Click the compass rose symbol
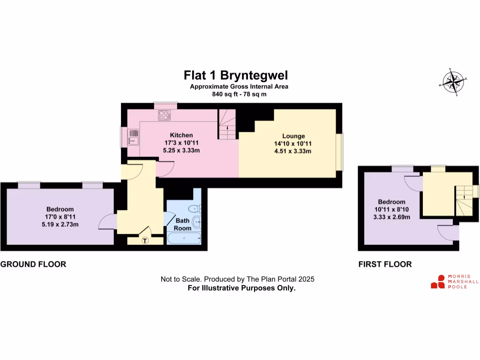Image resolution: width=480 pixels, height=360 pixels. (453, 82)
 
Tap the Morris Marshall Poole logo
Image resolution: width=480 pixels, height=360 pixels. (455, 281)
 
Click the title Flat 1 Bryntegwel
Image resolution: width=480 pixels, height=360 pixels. (235, 75)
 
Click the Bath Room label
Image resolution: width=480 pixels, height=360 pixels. (183, 224)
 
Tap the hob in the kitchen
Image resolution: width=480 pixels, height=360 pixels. (165, 115)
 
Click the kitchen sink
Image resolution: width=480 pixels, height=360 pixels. (134, 137)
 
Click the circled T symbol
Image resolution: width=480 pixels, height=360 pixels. (145, 240)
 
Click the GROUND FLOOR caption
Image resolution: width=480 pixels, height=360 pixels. (33, 264)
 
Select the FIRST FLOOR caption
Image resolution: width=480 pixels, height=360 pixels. (385, 264)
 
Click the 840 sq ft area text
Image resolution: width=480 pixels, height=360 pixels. (239, 94)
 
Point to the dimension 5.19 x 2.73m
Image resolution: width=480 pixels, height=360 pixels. (60, 224)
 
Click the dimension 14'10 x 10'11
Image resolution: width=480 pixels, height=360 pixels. (293, 143)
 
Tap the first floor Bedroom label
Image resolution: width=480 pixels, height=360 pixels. (391, 202)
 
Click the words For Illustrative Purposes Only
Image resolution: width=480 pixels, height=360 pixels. (241, 288)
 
